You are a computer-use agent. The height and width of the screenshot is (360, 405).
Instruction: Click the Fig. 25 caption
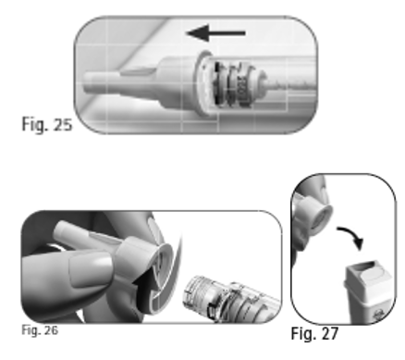(x=47, y=124)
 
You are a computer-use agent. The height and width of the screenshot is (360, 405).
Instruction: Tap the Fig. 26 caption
(x=40, y=330)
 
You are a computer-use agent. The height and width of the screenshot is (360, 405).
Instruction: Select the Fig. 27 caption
(x=314, y=333)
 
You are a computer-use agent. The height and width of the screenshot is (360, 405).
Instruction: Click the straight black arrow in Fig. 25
(x=216, y=33)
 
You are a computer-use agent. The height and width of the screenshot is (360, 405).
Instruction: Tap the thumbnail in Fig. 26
(x=90, y=267)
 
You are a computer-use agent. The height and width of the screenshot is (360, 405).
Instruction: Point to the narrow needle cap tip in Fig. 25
(x=100, y=82)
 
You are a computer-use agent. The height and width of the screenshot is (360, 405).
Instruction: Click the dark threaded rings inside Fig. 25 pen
(x=233, y=84)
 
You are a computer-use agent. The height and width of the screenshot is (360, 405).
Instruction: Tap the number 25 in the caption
(x=63, y=124)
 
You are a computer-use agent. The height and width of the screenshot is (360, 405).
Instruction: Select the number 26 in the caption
(x=51, y=330)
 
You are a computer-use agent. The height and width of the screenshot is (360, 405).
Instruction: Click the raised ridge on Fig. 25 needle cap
(x=137, y=72)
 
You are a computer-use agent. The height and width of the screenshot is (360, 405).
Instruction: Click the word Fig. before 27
(x=302, y=334)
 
